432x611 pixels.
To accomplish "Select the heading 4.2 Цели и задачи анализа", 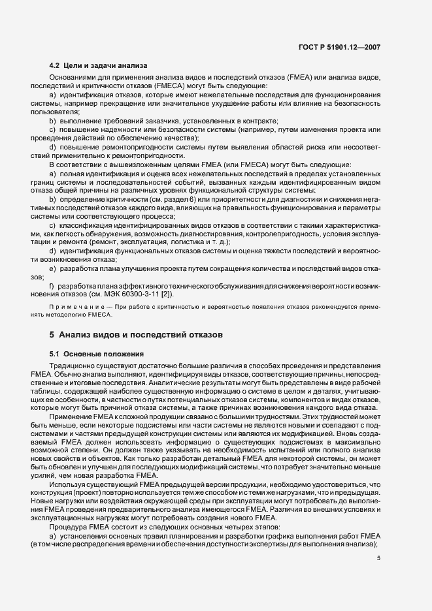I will [x=99, y=65].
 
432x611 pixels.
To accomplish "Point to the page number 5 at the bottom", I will [x=378, y=557].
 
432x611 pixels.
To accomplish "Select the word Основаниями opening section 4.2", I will [x=78, y=78].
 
